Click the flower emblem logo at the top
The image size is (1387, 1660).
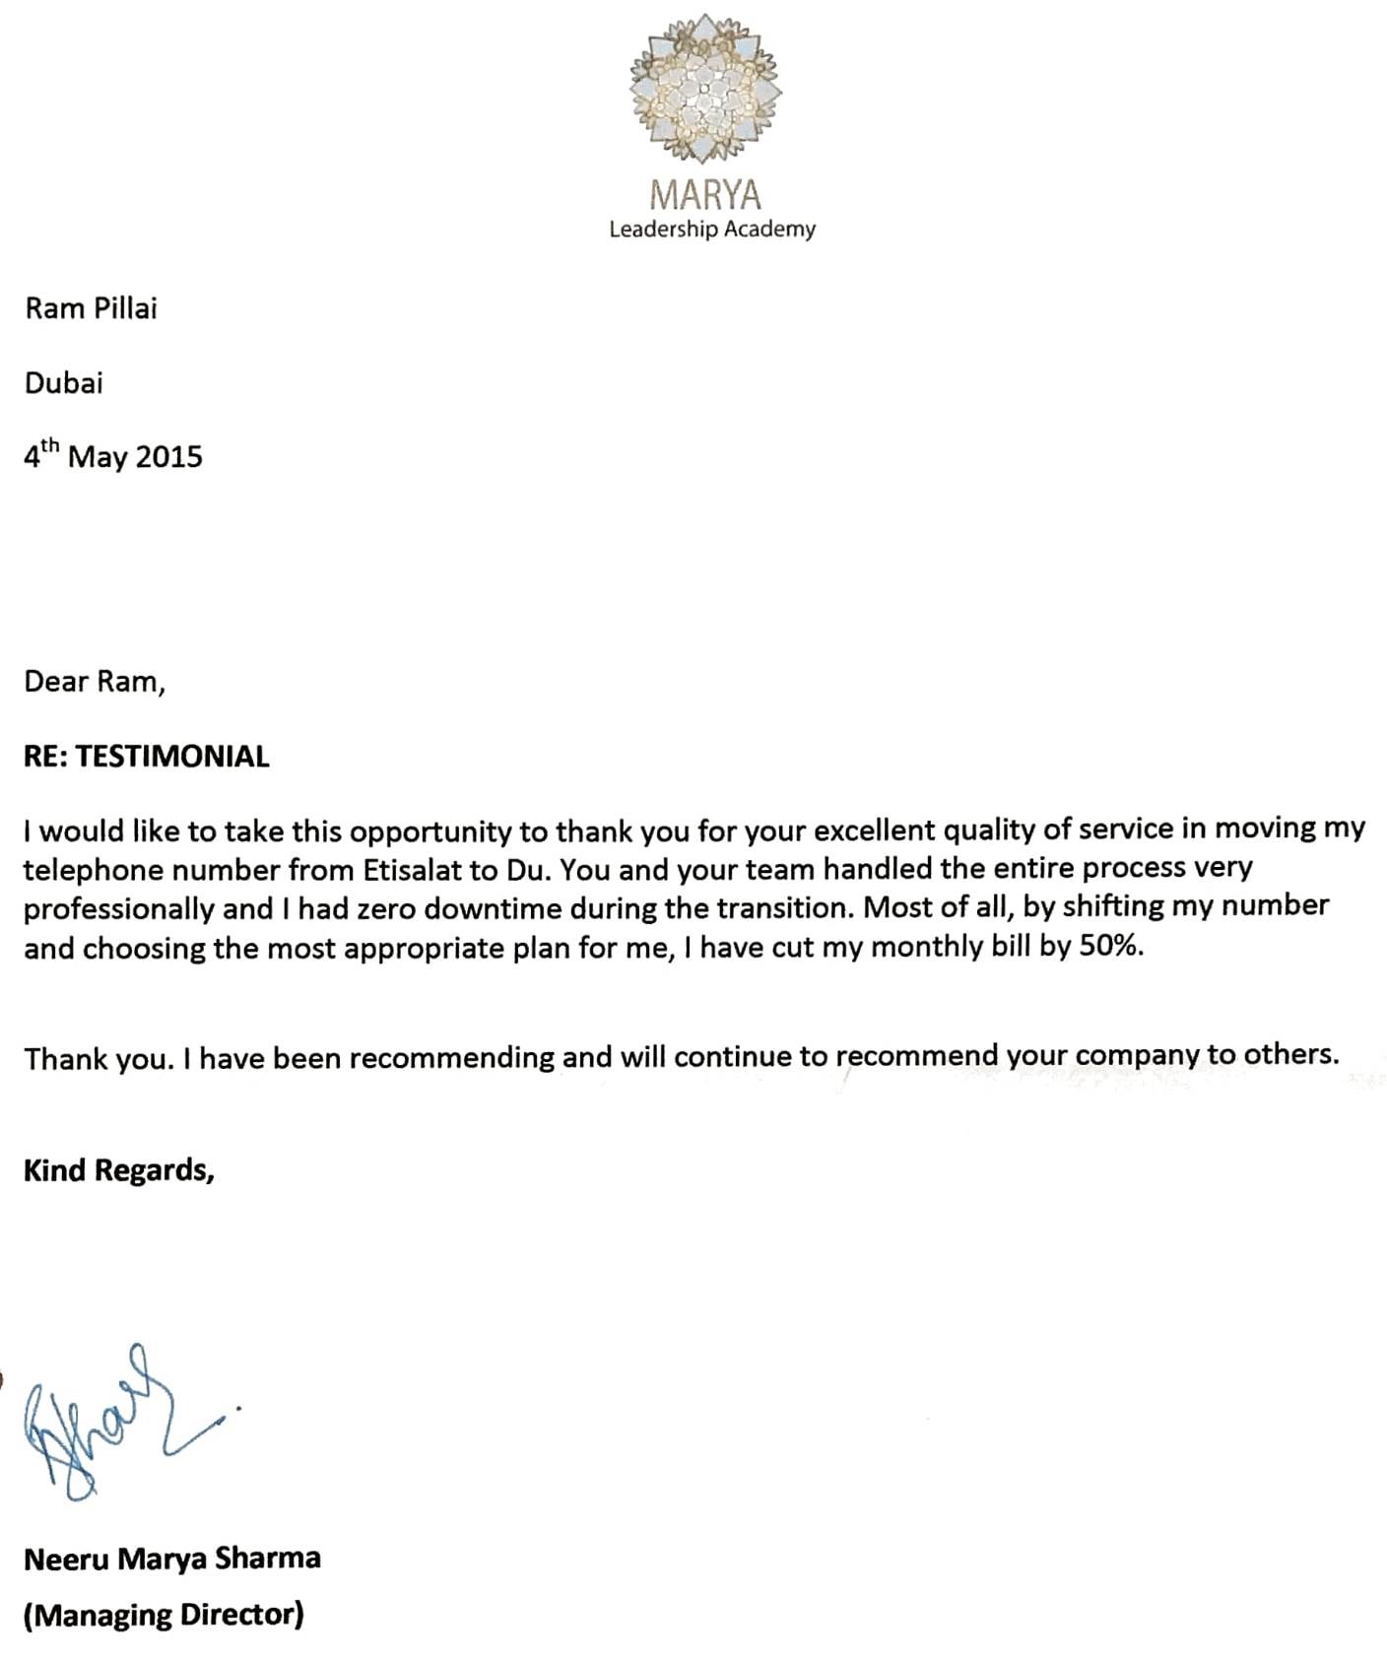705,88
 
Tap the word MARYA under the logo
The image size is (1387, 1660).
705,194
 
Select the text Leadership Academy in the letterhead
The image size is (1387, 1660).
711,230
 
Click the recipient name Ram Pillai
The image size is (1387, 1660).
91,308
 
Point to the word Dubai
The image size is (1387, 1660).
63,383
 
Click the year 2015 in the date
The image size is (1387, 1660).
168,457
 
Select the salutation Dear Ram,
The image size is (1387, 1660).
95,682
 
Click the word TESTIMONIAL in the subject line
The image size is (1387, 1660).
172,757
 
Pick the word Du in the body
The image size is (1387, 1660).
526,870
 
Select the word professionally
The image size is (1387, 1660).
118,909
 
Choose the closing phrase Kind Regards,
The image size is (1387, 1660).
118,1170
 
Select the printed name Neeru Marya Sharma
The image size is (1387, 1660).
172,1559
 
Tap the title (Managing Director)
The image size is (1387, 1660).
164,1615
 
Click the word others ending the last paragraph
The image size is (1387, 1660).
1289,1054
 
